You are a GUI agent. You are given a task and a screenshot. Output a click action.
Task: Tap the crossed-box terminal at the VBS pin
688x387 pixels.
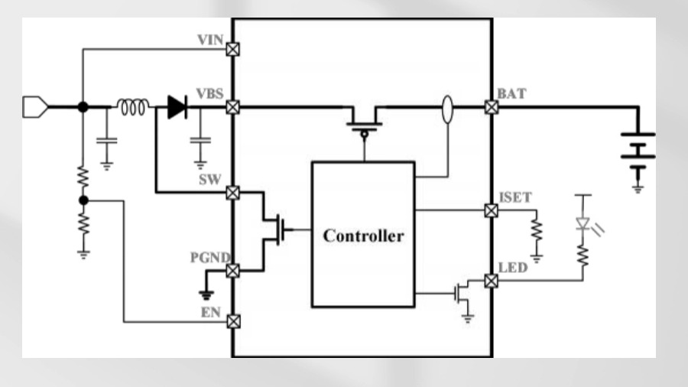(x=232, y=108)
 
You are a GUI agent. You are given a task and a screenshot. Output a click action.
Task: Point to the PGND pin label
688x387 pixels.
(x=207, y=257)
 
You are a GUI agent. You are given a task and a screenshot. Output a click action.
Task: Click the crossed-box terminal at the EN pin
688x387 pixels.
(x=232, y=323)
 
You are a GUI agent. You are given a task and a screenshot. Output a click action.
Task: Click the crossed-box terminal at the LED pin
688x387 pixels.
(x=492, y=281)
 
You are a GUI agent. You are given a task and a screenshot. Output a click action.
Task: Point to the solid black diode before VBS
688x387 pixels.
(x=177, y=108)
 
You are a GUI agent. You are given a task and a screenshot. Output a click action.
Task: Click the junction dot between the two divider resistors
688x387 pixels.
(x=83, y=200)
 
